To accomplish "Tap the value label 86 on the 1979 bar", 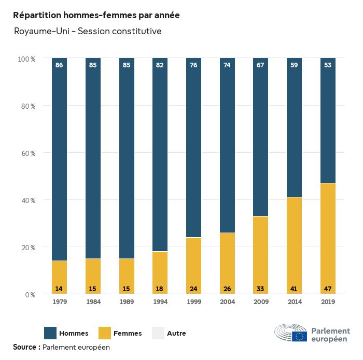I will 59,65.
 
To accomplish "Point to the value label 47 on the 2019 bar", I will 328,289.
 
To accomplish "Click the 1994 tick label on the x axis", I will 160,302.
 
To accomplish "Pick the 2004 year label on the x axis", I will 227,302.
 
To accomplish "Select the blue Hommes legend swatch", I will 50,333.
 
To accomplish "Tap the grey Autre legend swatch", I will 158,333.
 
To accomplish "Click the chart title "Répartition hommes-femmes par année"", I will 96,16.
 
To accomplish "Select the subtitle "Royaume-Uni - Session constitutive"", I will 88,31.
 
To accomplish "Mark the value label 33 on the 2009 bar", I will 261,289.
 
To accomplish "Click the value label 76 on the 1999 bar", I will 193,65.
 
